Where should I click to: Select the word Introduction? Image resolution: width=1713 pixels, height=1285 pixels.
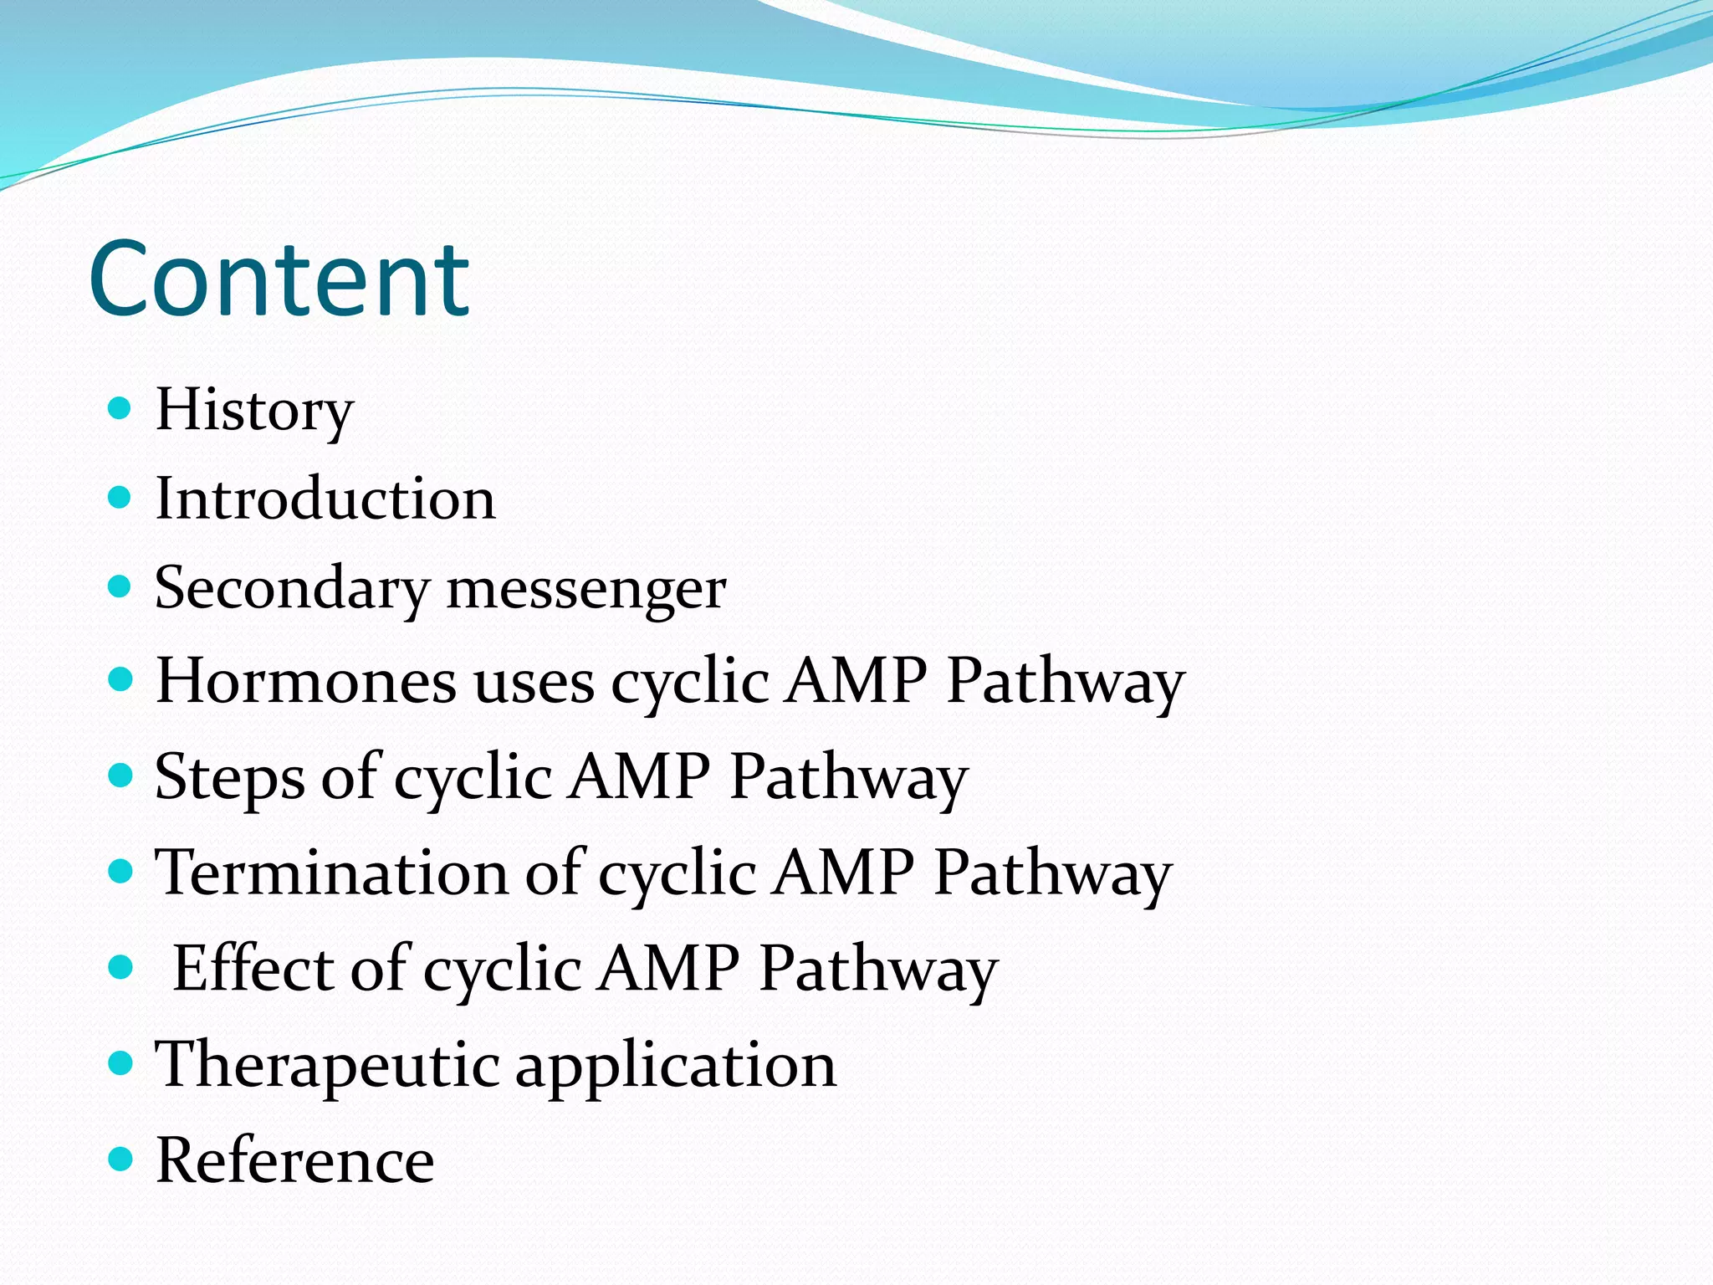(325, 499)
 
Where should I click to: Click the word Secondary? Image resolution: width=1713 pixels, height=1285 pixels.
(292, 589)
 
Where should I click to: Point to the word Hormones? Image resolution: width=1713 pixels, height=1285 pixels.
(306, 680)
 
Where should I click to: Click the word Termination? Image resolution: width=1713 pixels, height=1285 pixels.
(332, 873)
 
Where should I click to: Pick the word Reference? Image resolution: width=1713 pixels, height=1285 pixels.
(295, 1161)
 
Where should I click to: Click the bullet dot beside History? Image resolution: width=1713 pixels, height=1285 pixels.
(121, 408)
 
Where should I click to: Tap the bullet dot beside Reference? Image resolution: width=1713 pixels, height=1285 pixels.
(121, 1160)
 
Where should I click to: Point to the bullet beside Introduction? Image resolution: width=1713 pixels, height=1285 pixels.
(121, 498)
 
